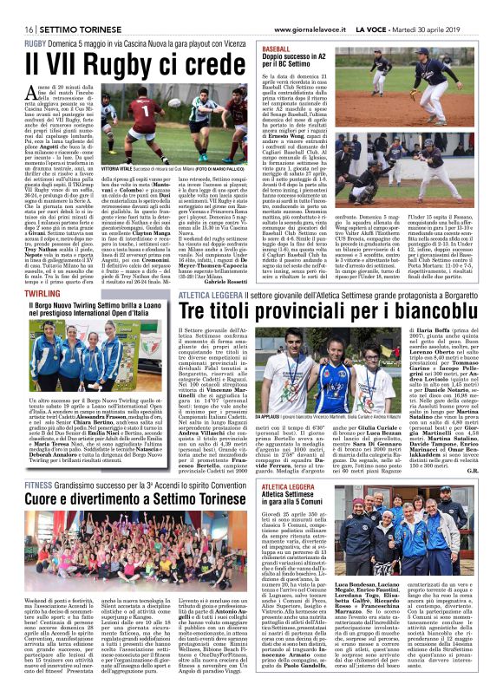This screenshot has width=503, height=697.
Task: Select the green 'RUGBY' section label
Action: click(x=36, y=42)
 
